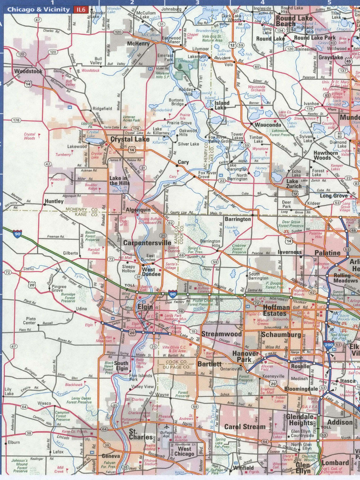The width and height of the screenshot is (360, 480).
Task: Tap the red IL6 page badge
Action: [81, 9]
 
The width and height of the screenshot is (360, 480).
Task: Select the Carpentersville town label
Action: [147, 243]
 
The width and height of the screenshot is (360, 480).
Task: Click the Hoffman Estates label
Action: [276, 310]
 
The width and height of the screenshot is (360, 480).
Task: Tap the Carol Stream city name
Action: [244, 427]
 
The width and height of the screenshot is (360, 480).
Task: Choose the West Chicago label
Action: [184, 451]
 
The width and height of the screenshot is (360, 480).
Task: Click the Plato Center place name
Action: [30, 321]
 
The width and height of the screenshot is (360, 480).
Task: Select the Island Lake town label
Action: [222, 105]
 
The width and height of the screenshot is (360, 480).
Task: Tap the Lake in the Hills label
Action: [119, 180]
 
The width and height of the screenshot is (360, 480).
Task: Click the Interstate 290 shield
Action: [329, 345]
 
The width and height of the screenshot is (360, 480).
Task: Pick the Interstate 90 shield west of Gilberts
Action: [17, 233]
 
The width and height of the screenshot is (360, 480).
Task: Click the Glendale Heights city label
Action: [300, 420]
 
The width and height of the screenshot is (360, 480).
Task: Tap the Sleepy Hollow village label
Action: [128, 269]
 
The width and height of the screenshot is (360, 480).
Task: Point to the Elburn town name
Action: [13, 442]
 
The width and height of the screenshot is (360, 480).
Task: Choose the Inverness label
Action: [289, 252]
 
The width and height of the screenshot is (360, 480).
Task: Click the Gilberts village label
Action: [70, 253]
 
